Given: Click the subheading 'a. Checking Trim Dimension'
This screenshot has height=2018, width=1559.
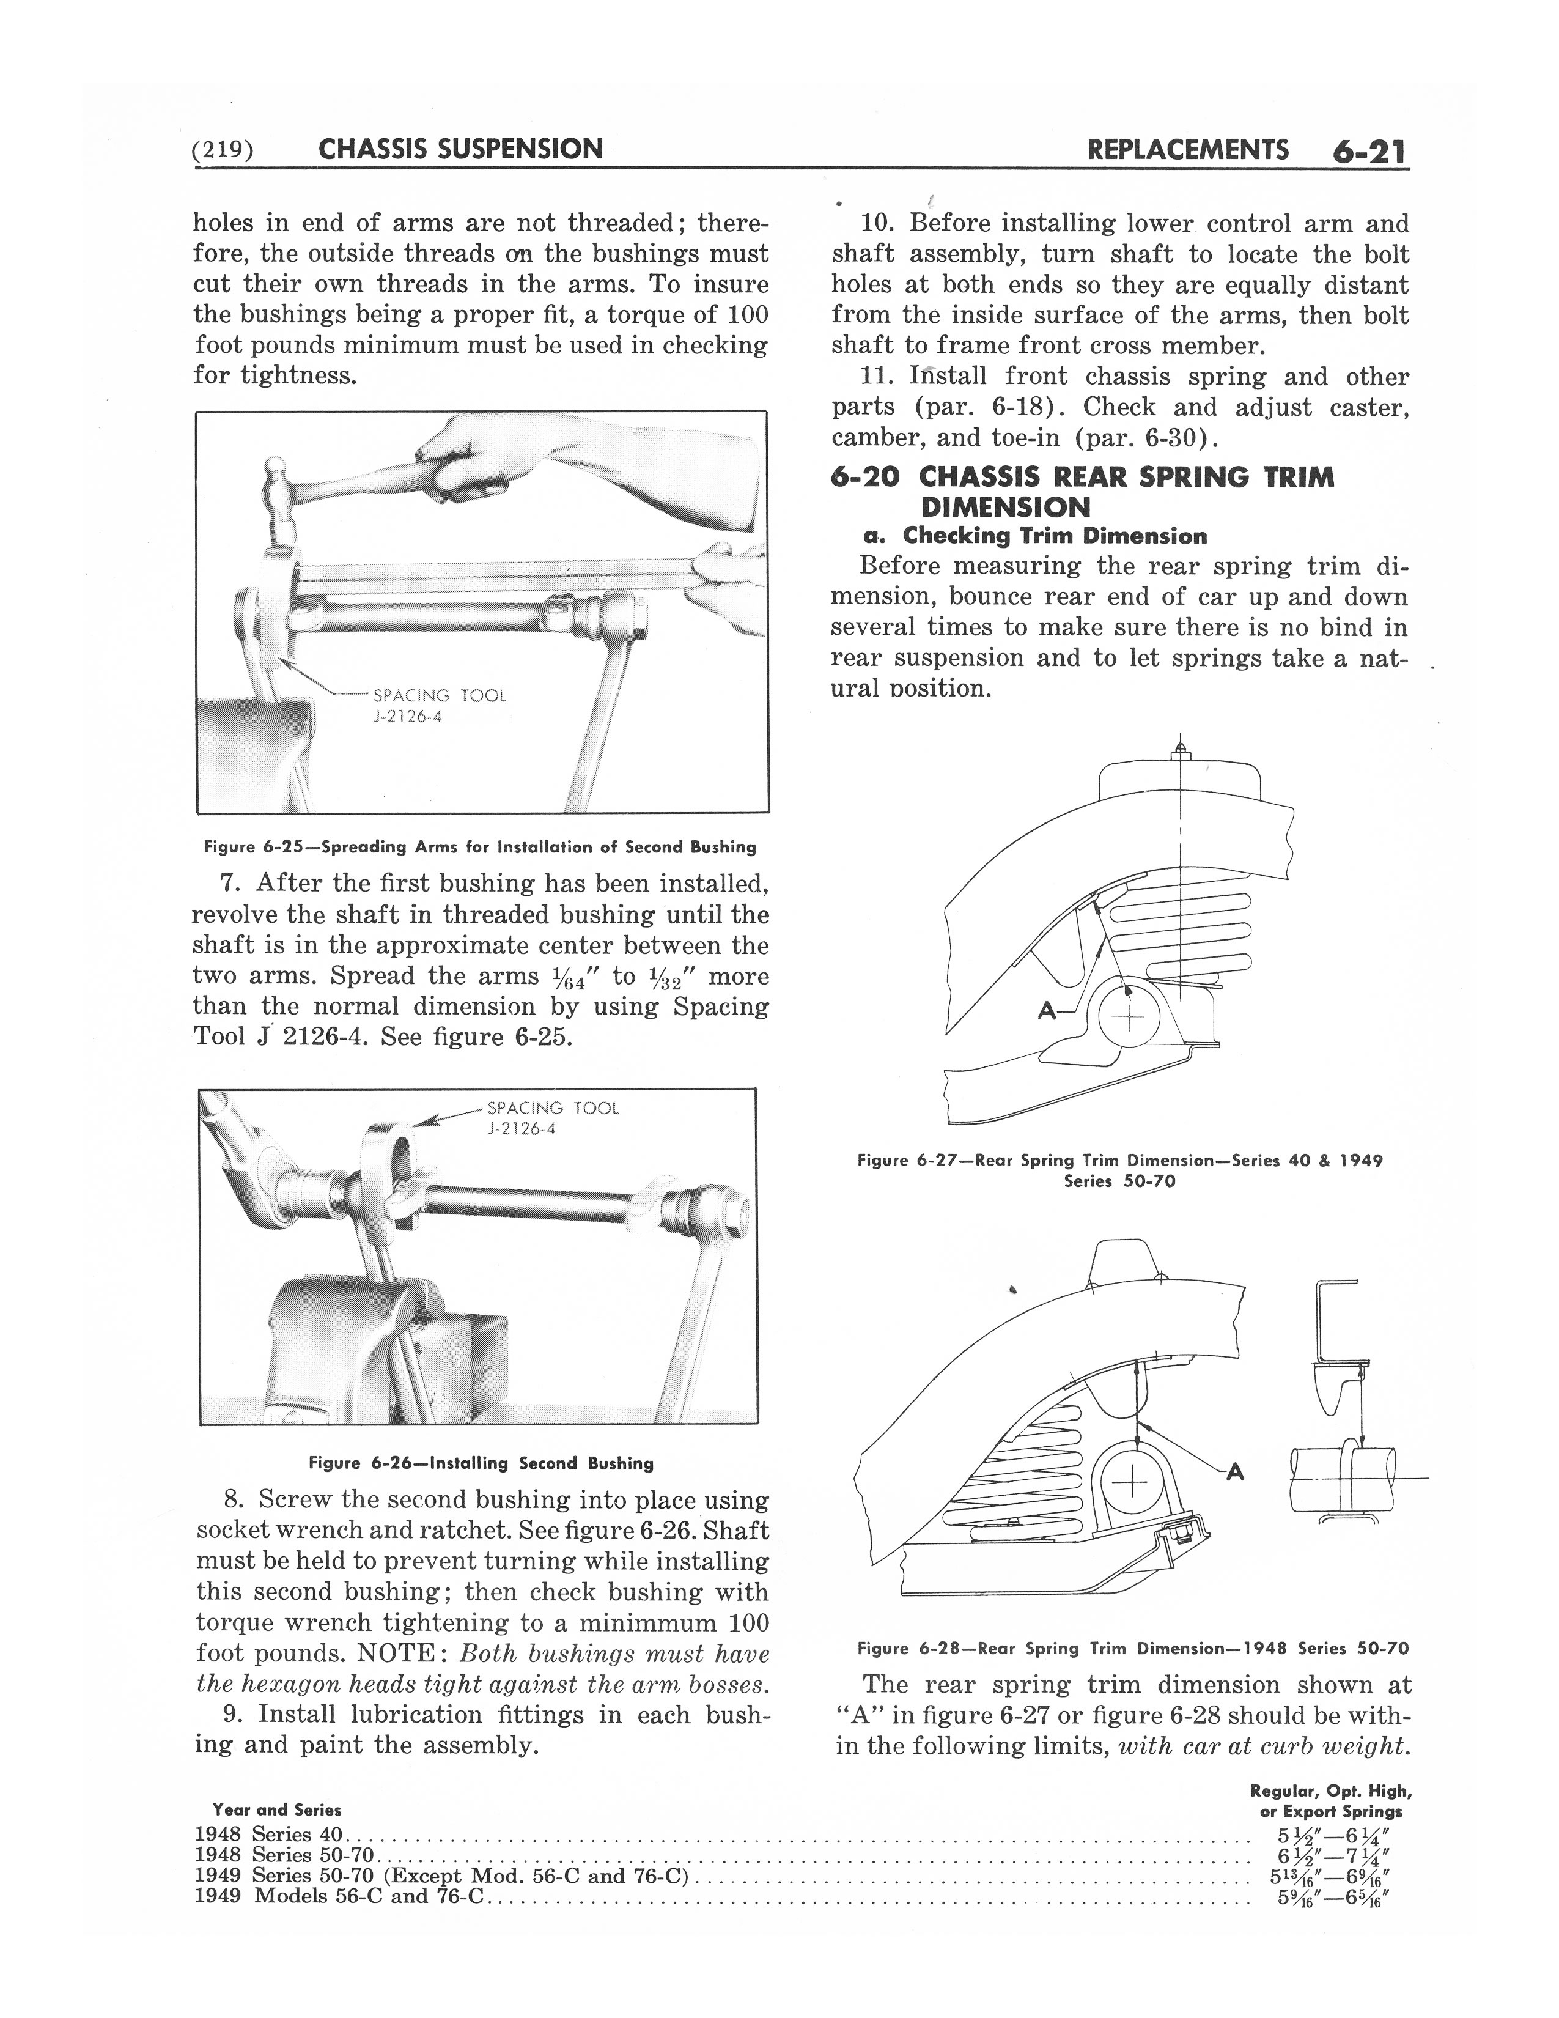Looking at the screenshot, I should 1033,536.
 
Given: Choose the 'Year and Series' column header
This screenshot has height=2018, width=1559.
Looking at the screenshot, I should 276,1810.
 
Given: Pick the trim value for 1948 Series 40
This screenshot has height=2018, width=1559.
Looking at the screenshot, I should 1330,1834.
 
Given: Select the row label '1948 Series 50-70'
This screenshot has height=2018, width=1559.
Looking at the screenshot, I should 284,1855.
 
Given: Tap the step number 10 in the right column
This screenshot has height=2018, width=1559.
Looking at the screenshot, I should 877,224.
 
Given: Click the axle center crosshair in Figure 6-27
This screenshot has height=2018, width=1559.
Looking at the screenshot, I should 1128,1019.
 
